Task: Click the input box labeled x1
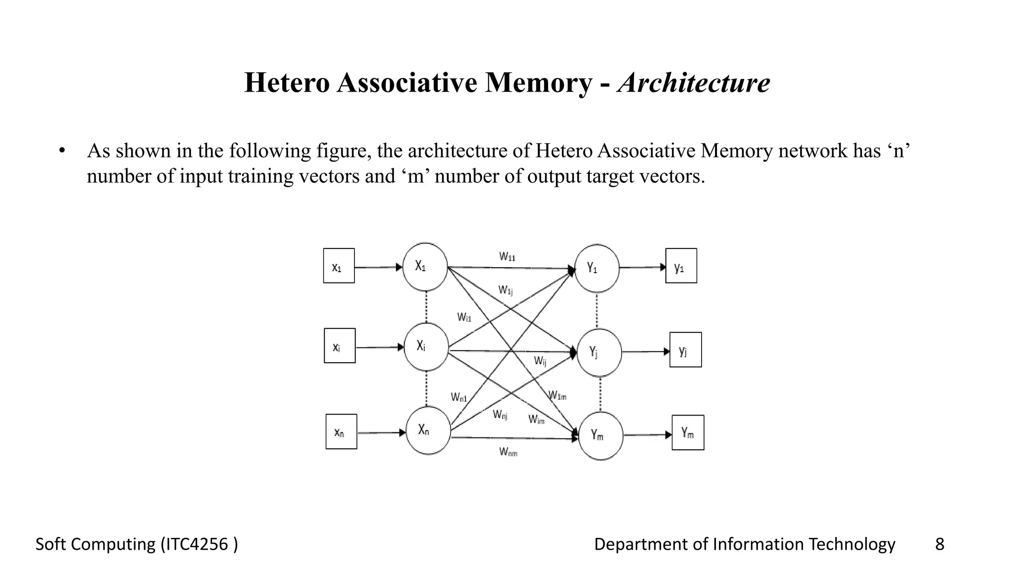point(339,266)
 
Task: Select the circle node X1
point(425,267)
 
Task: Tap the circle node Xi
point(426,347)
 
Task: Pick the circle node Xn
point(428,430)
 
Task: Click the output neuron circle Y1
point(597,268)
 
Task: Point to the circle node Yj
point(599,352)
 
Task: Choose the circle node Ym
point(601,435)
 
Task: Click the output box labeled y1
point(681,266)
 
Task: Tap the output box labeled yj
point(685,350)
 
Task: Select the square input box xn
point(341,432)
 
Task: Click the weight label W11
point(507,257)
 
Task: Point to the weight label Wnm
point(508,452)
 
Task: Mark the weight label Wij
point(540,361)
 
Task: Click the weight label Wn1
point(459,397)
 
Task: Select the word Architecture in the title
point(694,83)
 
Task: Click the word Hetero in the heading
point(287,83)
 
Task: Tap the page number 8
point(939,544)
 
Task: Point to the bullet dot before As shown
point(61,151)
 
